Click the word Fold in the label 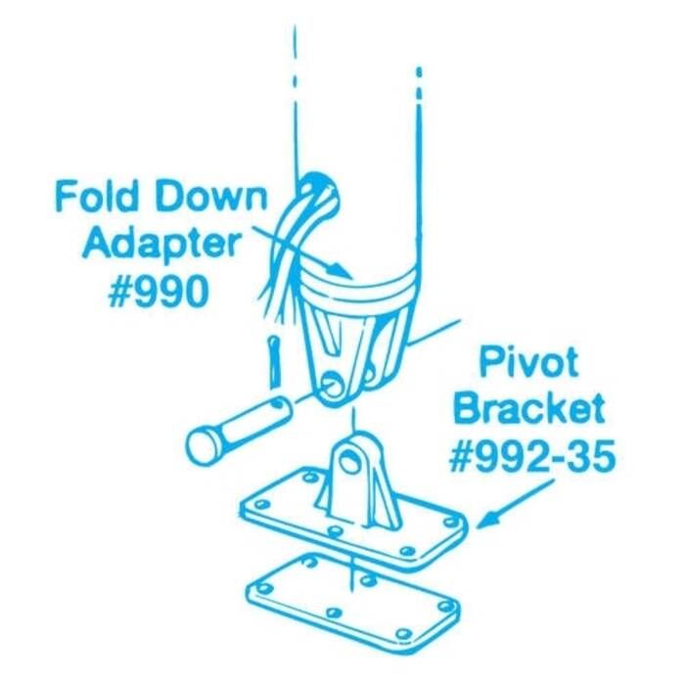94,197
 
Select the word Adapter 161,246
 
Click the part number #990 159,292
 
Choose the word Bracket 529,408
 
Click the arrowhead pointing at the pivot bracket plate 487,520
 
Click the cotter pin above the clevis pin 273,361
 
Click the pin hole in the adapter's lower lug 335,384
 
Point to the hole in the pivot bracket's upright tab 350,461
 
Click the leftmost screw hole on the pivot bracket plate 261,505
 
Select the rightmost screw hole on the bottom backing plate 445,606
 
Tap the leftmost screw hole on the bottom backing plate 263,588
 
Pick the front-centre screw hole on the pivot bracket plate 335,531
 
